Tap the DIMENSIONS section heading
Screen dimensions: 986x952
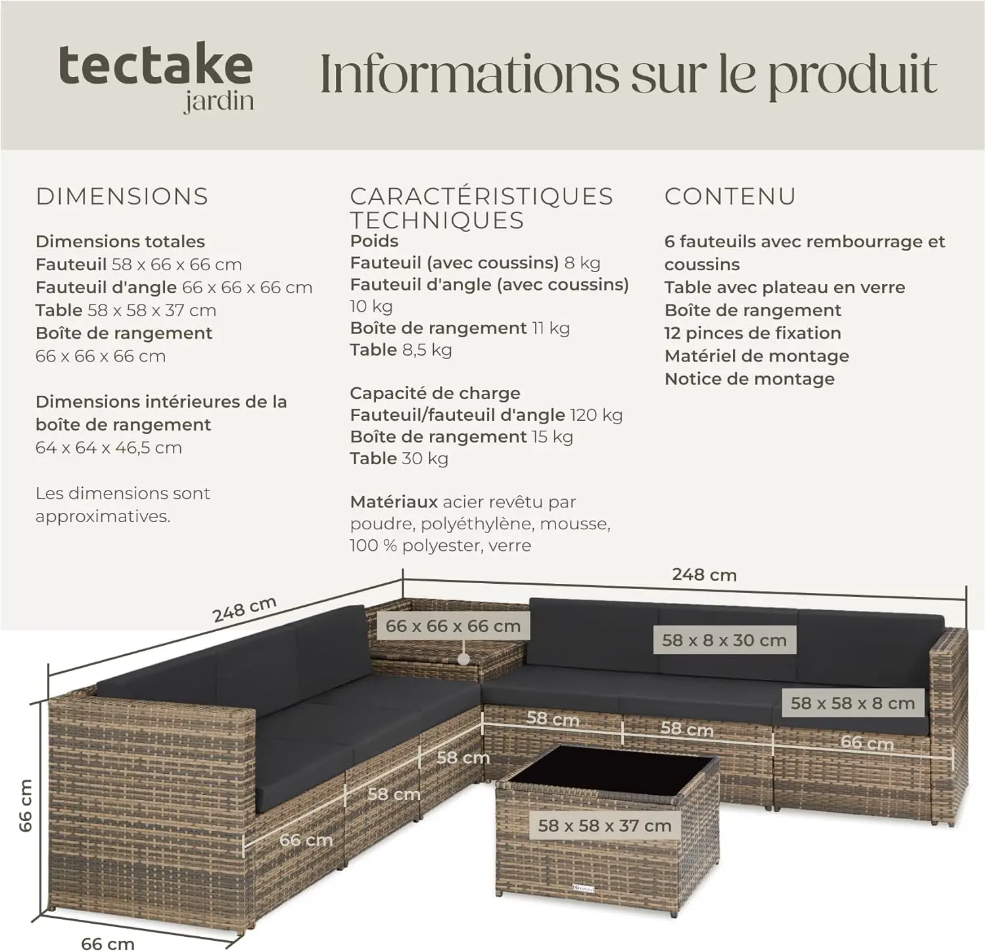tap(122, 197)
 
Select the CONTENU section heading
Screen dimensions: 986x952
tap(730, 197)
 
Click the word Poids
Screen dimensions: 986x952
tap(374, 241)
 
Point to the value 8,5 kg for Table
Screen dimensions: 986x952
tap(427, 350)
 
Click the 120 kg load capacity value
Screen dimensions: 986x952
tap(596, 415)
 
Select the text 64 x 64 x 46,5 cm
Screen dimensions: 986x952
tap(108, 448)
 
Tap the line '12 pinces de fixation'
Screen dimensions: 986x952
tap(753, 333)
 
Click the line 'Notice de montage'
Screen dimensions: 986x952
tap(749, 379)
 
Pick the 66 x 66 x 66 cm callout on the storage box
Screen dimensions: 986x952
tap(453, 626)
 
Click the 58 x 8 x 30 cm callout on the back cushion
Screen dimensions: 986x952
tap(724, 640)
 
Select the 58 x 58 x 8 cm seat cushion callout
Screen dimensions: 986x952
tap(853, 703)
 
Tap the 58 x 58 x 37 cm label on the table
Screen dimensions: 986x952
tap(605, 826)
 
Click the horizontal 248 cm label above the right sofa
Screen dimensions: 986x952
tap(704, 575)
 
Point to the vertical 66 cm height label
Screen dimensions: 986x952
tap(25, 805)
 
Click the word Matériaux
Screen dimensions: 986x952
tap(394, 502)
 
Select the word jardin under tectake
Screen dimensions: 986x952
tap(219, 103)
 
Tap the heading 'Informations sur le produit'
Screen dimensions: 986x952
tap(628, 74)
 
